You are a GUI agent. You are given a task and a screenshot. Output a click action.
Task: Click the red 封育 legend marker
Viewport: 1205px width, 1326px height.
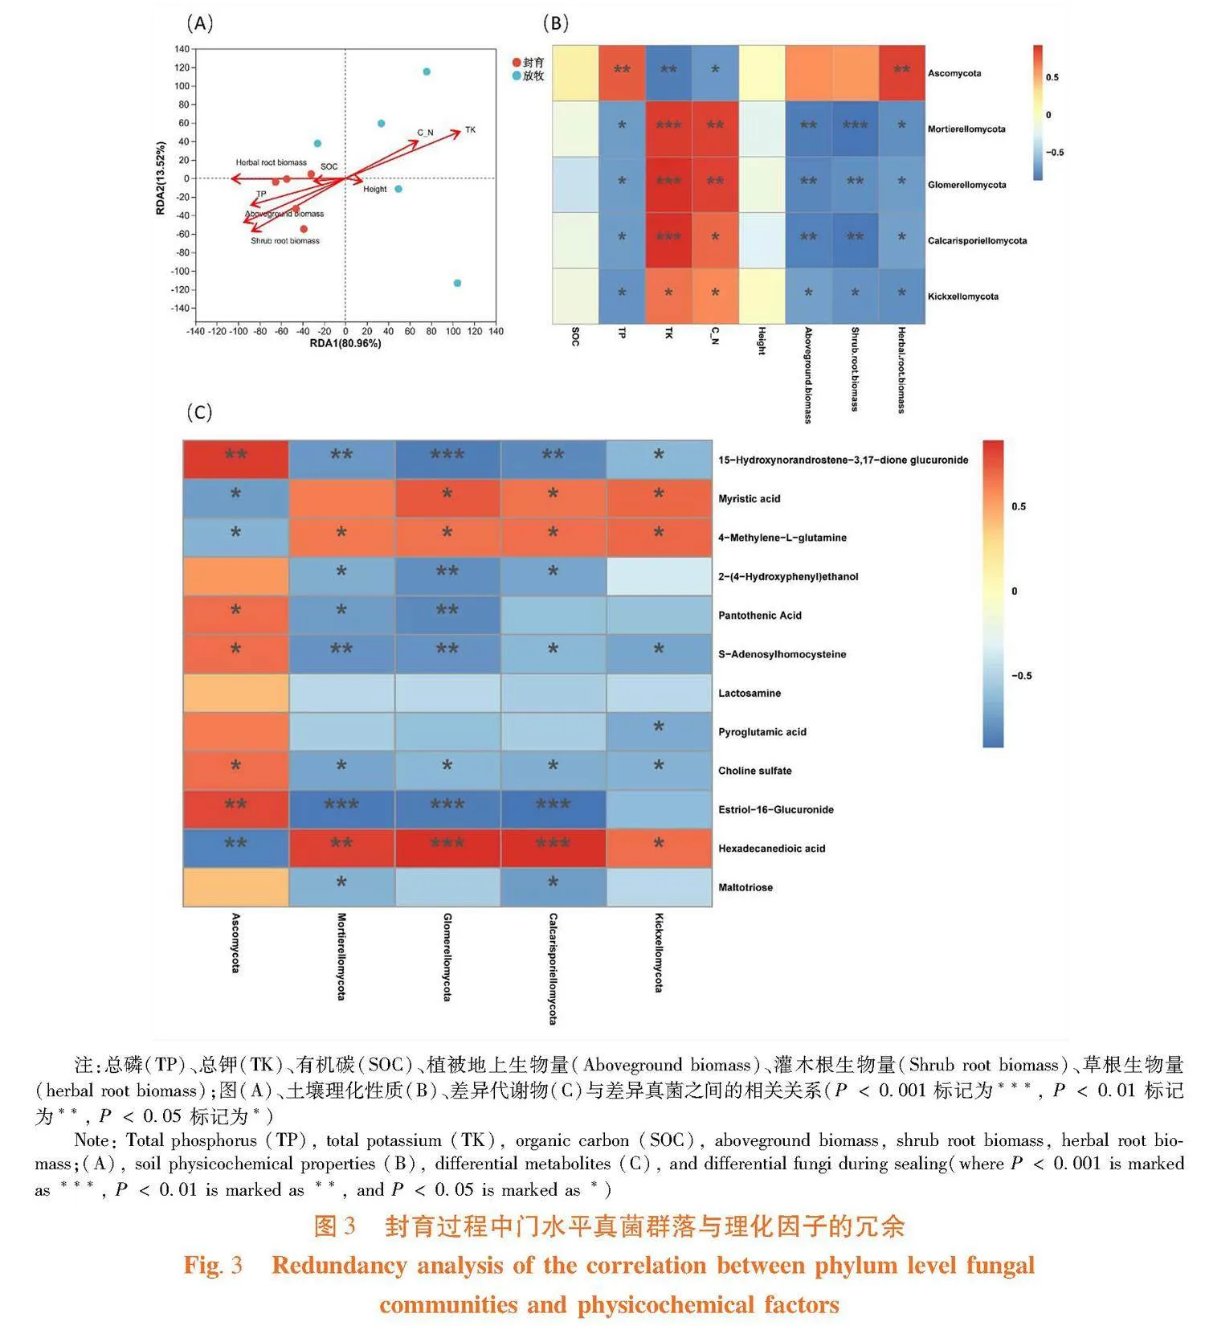pyautogui.click(x=517, y=63)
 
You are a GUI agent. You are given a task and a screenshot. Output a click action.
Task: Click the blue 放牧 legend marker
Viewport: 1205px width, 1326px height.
pyautogui.click(x=517, y=76)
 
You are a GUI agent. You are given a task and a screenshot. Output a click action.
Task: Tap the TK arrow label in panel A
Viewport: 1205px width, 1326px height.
pyautogui.click(x=471, y=129)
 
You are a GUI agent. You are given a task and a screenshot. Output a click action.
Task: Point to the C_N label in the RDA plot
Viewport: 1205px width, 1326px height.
pyautogui.click(x=425, y=133)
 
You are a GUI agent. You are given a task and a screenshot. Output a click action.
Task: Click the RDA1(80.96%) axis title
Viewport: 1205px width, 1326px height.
pyautogui.click(x=345, y=343)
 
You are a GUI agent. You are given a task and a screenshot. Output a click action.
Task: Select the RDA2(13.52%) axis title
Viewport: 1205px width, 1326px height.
pyautogui.click(x=161, y=178)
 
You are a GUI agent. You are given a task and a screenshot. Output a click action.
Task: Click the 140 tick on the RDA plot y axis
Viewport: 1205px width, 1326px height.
pyautogui.click(x=182, y=49)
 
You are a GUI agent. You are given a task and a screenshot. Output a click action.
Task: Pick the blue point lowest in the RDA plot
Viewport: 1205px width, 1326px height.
pyautogui.click(x=457, y=283)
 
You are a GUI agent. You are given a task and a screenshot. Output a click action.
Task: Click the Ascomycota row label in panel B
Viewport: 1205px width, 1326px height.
pyautogui.click(x=954, y=73)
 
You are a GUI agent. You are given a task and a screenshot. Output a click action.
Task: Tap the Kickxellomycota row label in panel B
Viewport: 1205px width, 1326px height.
pyautogui.click(x=963, y=297)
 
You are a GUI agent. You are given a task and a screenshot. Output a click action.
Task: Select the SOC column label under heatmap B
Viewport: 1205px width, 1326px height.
pyautogui.click(x=575, y=337)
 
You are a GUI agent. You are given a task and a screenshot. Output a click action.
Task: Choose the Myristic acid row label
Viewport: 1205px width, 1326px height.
pyautogui.click(x=749, y=499)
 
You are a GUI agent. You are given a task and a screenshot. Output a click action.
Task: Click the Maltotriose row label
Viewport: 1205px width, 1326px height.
pyautogui.click(x=745, y=887)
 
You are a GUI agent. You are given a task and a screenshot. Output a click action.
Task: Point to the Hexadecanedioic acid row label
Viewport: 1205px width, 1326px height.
pyautogui.click(x=771, y=849)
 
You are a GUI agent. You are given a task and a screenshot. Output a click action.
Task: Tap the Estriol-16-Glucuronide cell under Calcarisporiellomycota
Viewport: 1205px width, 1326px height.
pyautogui.click(x=553, y=809)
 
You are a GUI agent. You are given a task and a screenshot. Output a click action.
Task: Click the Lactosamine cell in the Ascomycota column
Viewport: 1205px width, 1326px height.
pyautogui.click(x=235, y=693)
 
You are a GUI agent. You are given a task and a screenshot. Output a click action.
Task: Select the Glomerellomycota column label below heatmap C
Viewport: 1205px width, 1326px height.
pyautogui.click(x=447, y=956)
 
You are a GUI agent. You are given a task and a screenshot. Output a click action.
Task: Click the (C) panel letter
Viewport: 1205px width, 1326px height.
pyautogui.click(x=199, y=412)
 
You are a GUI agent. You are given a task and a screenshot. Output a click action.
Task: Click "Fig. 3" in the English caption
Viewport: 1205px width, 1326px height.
pyautogui.click(x=213, y=1266)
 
